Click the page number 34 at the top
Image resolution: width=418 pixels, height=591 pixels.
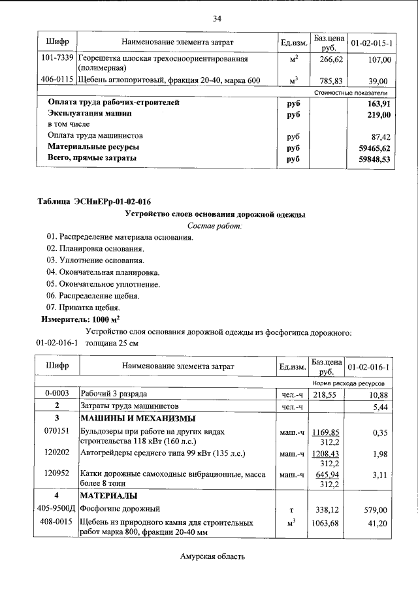[217, 18]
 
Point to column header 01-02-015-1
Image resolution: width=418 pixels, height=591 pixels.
[370, 43]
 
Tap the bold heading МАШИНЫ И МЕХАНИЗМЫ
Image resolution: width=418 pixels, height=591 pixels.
[138, 418]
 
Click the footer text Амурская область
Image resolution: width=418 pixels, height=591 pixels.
[213, 556]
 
